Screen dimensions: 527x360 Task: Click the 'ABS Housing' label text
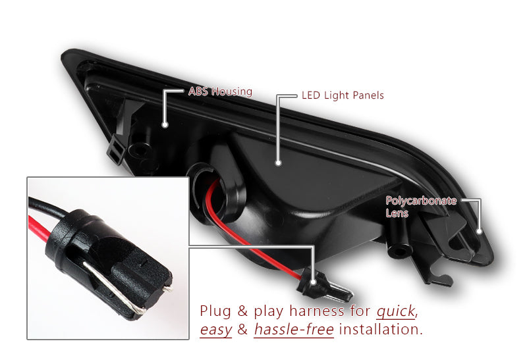(220, 91)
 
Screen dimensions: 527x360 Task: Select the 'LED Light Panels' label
(343, 95)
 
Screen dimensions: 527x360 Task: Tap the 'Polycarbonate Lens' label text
(421, 207)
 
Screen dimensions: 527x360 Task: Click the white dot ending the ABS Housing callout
(165, 124)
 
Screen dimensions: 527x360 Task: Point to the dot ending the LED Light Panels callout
(278, 163)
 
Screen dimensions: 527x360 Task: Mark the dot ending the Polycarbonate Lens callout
(480, 231)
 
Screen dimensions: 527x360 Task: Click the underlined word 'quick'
(396, 311)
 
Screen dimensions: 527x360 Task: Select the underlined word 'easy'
(216, 330)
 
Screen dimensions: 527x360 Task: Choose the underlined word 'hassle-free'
(294, 329)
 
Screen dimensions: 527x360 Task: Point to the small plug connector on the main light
(323, 286)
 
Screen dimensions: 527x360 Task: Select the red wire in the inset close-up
(40, 228)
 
